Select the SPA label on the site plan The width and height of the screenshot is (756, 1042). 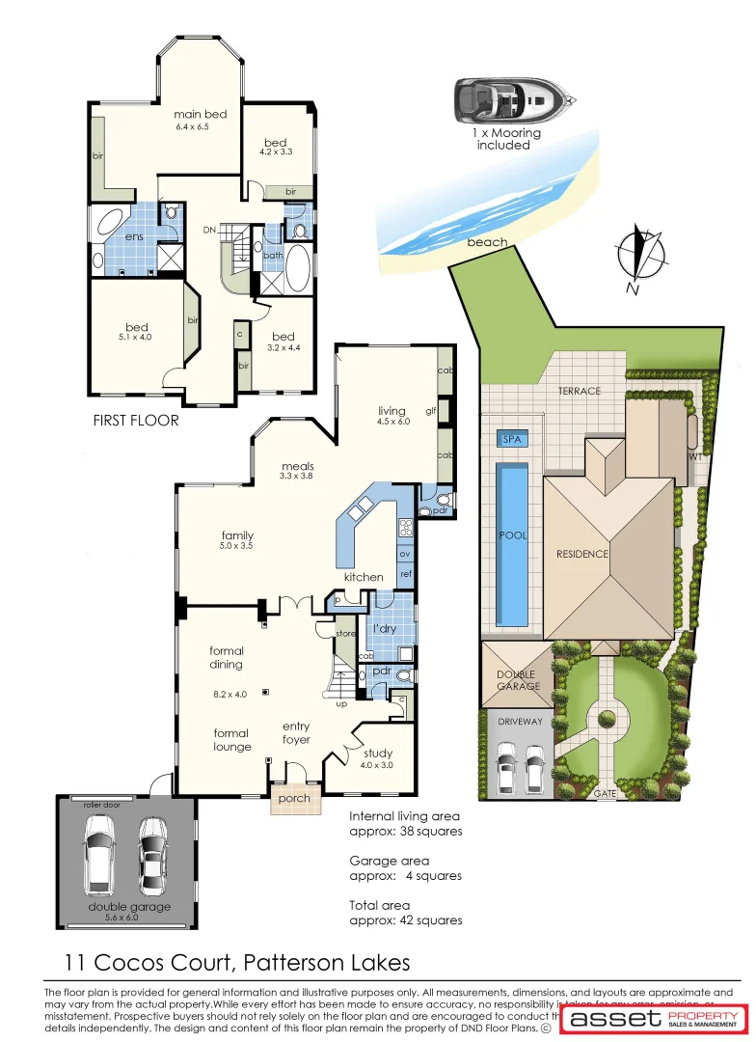511,439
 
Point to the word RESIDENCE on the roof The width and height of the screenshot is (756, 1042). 582,554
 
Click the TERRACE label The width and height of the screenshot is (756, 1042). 579,391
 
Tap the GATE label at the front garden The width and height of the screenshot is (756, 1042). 606,793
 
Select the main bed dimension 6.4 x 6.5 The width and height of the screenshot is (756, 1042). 200,127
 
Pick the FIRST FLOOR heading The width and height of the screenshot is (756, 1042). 135,421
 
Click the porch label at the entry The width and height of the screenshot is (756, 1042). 293,799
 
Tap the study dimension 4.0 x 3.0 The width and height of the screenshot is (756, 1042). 377,766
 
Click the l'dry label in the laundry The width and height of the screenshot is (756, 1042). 385,629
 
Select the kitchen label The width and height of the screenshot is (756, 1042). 364,577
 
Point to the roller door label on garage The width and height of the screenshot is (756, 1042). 99,804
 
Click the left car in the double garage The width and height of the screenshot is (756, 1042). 100,853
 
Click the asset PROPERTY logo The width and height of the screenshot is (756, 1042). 656,1019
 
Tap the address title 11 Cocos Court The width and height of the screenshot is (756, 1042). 237,962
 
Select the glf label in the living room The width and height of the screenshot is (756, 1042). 431,411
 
